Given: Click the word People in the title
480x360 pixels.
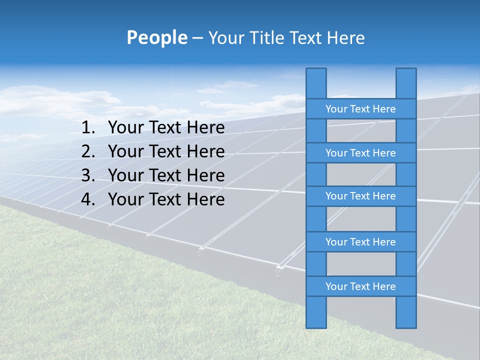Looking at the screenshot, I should click(x=156, y=37).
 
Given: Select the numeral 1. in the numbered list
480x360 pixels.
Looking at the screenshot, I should click(x=88, y=128).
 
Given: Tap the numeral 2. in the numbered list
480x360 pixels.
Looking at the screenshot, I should click(x=88, y=151).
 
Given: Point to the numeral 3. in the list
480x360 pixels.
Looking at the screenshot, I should click(x=88, y=175).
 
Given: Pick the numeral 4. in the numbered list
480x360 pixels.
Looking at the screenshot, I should click(x=88, y=199).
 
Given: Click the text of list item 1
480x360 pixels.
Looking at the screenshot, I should click(x=166, y=128).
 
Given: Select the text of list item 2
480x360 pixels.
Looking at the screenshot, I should click(x=166, y=151).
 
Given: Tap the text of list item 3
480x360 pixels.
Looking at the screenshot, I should click(x=166, y=175).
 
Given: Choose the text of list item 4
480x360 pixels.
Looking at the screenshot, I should click(x=166, y=199).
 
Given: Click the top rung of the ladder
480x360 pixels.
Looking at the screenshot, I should click(x=360, y=109).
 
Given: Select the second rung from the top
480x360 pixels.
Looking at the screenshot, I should click(x=360, y=153).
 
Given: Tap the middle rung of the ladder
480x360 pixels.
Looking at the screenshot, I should click(x=360, y=196).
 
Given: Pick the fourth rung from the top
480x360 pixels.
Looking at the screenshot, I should click(x=360, y=242).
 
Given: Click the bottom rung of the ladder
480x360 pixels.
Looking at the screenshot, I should click(x=360, y=286).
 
